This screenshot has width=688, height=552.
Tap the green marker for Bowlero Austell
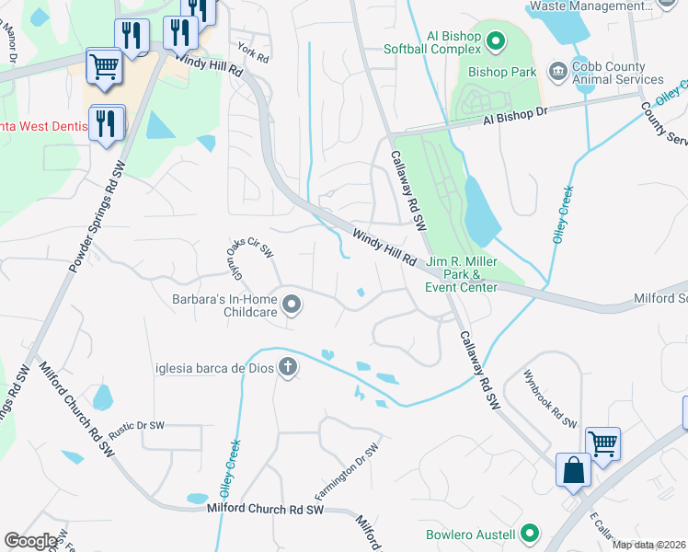(x=529, y=534)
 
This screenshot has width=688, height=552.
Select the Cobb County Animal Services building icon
(x=556, y=72)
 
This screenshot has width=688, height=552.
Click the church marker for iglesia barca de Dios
(x=288, y=368)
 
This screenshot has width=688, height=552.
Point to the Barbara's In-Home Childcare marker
(x=292, y=305)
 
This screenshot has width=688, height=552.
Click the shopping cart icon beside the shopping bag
(x=603, y=443)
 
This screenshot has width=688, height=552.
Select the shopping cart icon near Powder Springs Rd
(x=105, y=66)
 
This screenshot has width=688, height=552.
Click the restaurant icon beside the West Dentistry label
(x=106, y=122)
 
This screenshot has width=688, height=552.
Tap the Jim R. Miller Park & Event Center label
(x=461, y=274)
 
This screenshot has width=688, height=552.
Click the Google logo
(x=30, y=541)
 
